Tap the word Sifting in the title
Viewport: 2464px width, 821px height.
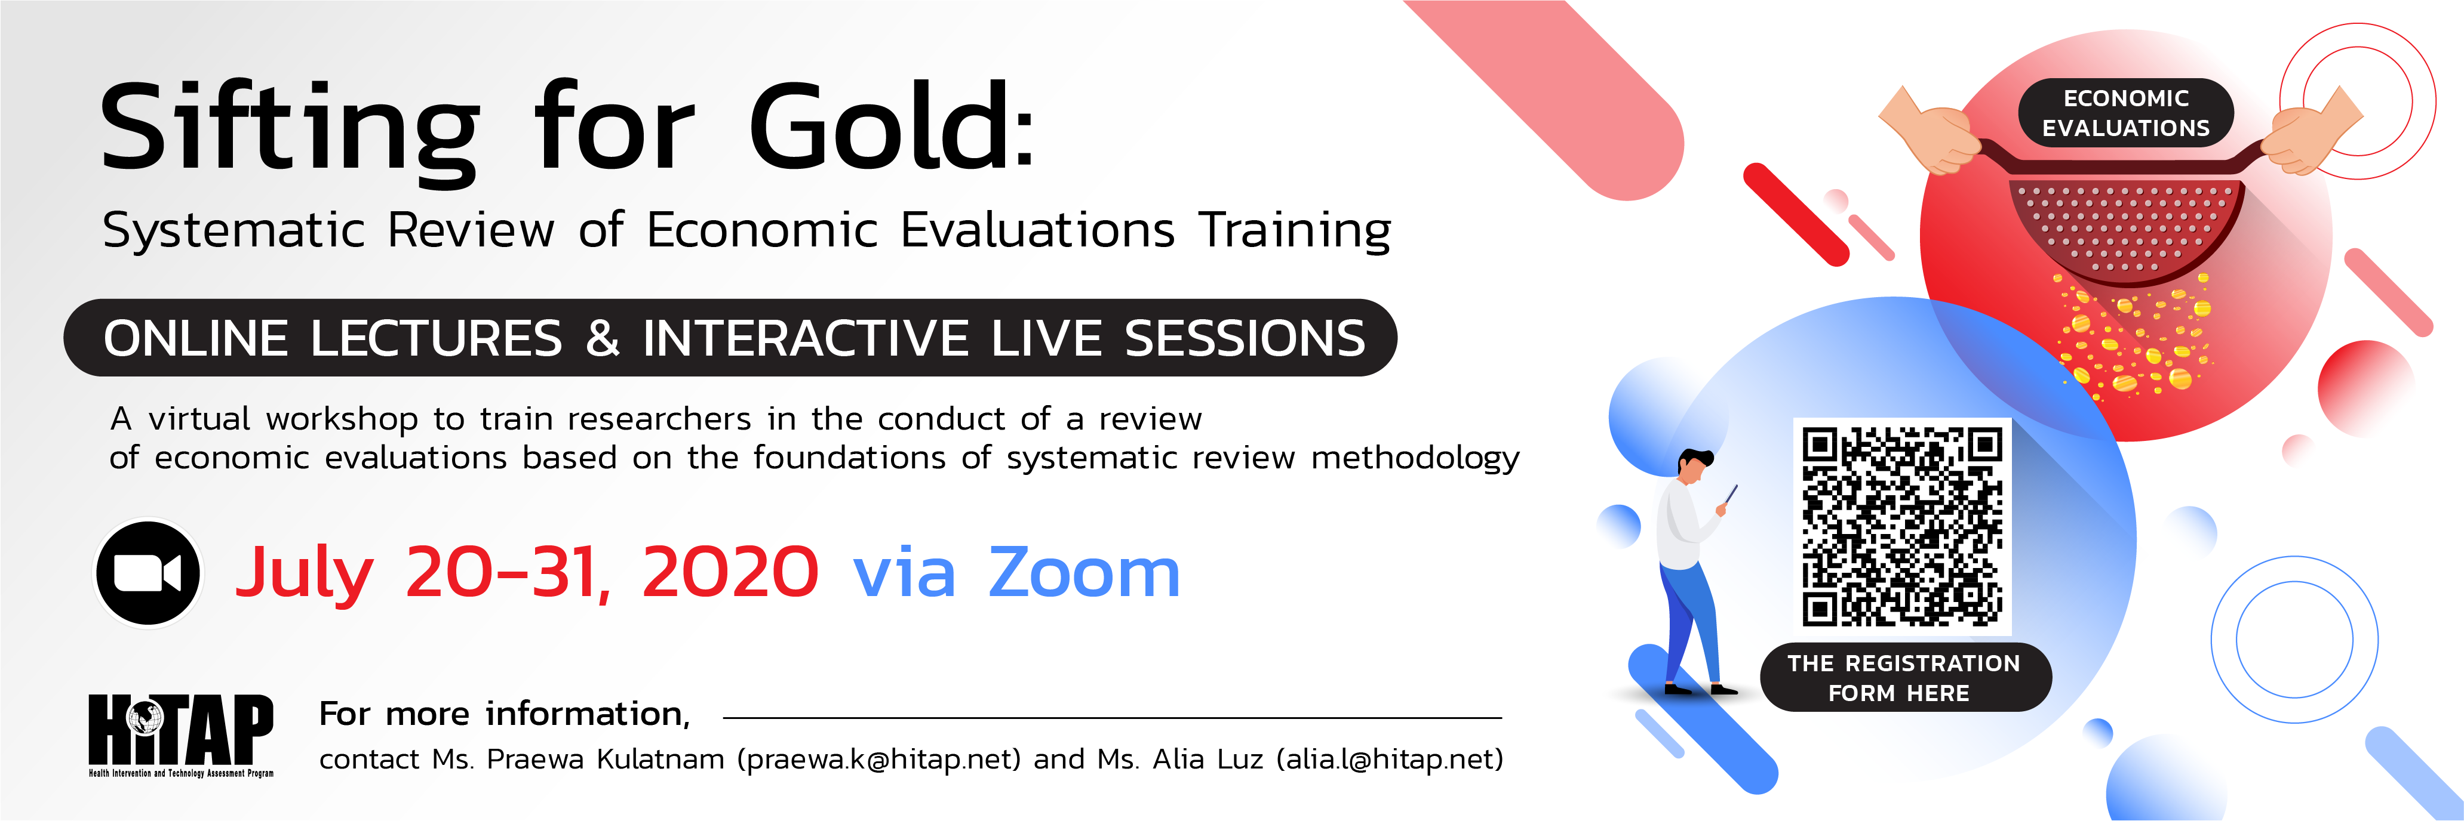tap(289, 132)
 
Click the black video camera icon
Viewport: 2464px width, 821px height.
tap(148, 573)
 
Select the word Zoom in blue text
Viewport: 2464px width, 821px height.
tap(1084, 573)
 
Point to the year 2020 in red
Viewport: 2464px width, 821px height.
tap(730, 573)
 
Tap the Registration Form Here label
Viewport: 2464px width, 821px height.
tap(1904, 678)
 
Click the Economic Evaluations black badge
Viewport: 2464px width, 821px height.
tap(2125, 113)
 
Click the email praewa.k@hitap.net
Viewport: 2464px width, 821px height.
tap(879, 759)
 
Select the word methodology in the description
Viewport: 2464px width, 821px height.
tap(1416, 459)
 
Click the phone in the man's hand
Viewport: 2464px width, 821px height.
tap(1730, 495)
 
